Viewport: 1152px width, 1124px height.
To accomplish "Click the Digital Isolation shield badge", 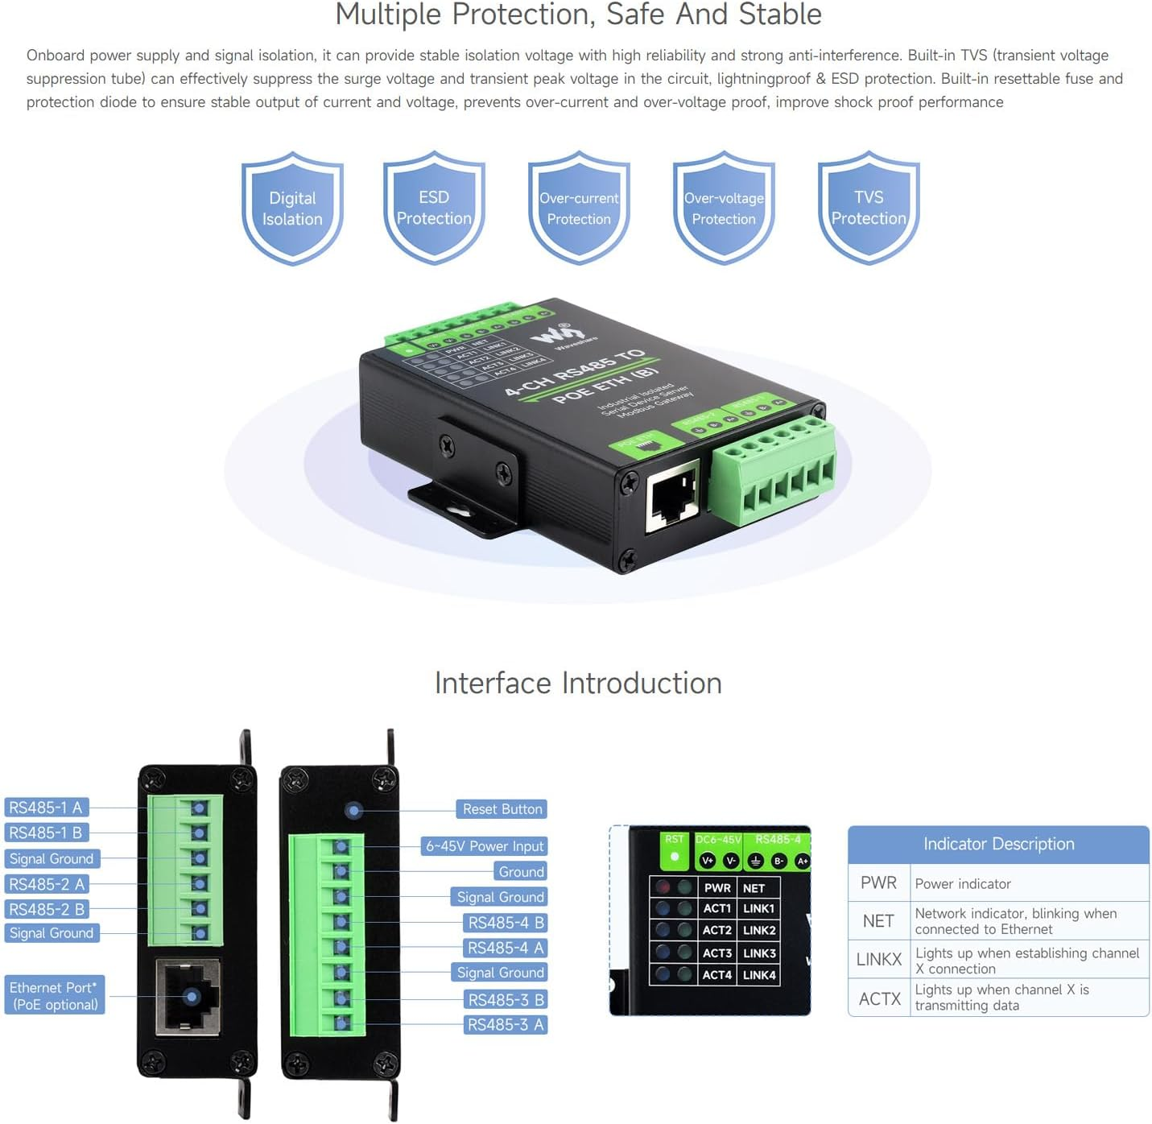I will pos(292,208).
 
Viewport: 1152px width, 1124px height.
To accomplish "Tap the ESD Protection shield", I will pos(434,208).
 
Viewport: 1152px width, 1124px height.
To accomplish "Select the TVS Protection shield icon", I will pos(869,208).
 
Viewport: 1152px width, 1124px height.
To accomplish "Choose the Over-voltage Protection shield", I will pos(724,208).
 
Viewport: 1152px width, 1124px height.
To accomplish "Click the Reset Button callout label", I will pos(502,809).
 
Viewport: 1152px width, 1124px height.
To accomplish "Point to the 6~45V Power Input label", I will pos(485,846).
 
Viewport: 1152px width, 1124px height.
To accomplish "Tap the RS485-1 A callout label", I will pos(46,808).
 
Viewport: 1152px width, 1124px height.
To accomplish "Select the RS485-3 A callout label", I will pos(506,1025).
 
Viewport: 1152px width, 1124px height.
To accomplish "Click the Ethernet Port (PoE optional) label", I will pos(55,996).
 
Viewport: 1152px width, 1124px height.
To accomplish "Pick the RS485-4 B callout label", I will pos(506,923).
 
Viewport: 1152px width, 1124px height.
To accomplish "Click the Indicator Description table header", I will pos(998,844).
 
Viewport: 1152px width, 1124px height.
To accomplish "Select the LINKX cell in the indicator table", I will pos(878,960).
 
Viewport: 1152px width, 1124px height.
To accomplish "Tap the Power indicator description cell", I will pos(1029,884).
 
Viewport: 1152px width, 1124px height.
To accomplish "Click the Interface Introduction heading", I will pos(578,683).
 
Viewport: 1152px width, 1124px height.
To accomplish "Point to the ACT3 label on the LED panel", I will pos(716,953).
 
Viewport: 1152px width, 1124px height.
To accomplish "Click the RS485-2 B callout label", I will pos(46,909).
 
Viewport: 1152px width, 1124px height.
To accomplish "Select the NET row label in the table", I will pos(878,921).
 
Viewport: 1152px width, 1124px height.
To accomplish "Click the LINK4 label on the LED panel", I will pos(759,975).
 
